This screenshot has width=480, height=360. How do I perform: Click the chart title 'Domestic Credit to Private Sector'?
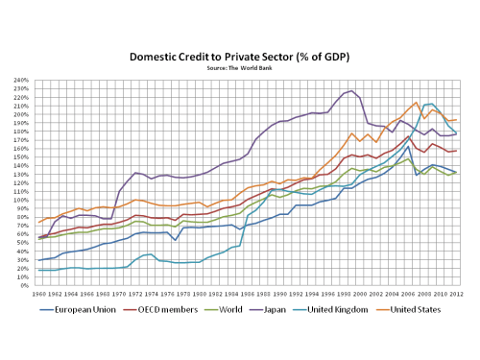pos(240,57)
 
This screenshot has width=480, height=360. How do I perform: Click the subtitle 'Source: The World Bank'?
pos(240,68)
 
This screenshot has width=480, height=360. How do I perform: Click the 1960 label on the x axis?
pos(39,294)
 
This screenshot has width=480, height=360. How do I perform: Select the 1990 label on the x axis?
pos(279,294)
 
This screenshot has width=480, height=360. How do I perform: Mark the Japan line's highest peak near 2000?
pos(351,91)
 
